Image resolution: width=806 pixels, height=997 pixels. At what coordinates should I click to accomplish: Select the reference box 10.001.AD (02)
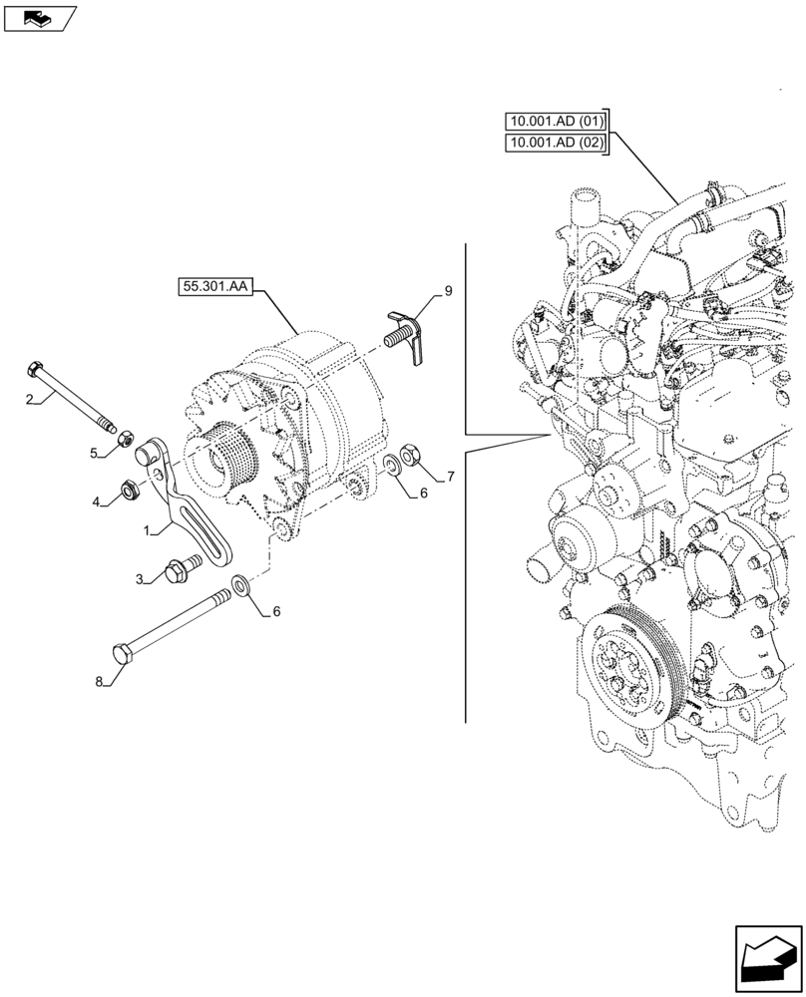click(x=556, y=144)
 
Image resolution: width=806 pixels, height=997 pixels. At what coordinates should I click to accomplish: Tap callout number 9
click(x=448, y=290)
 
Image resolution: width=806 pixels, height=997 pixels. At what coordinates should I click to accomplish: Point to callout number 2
click(x=30, y=400)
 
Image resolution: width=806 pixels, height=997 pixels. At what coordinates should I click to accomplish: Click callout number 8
click(x=99, y=682)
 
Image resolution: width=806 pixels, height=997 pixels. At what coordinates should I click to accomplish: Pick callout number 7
click(x=451, y=477)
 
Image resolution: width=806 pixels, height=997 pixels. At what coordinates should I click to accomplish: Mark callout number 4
click(x=99, y=502)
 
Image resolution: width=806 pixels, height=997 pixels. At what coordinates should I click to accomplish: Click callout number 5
click(x=94, y=453)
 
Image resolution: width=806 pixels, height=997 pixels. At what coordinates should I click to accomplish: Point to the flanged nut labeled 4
click(x=129, y=489)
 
